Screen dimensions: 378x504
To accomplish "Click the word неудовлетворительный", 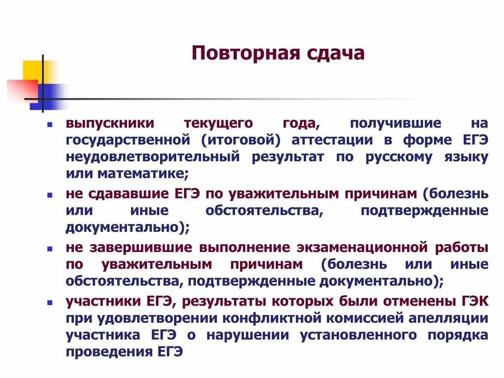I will (153, 157).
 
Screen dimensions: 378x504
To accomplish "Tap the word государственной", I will (128, 140).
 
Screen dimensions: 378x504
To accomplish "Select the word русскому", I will (398, 157).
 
